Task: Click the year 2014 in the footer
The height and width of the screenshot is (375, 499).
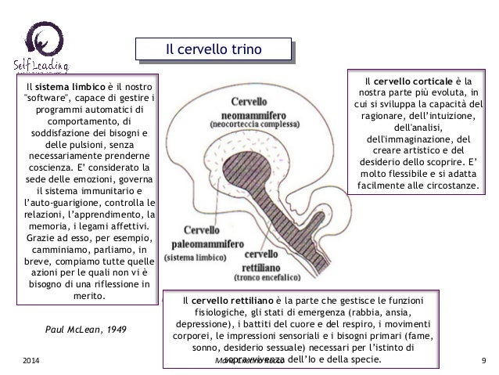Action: (x=31, y=361)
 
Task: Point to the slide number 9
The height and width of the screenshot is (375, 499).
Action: (x=485, y=361)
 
